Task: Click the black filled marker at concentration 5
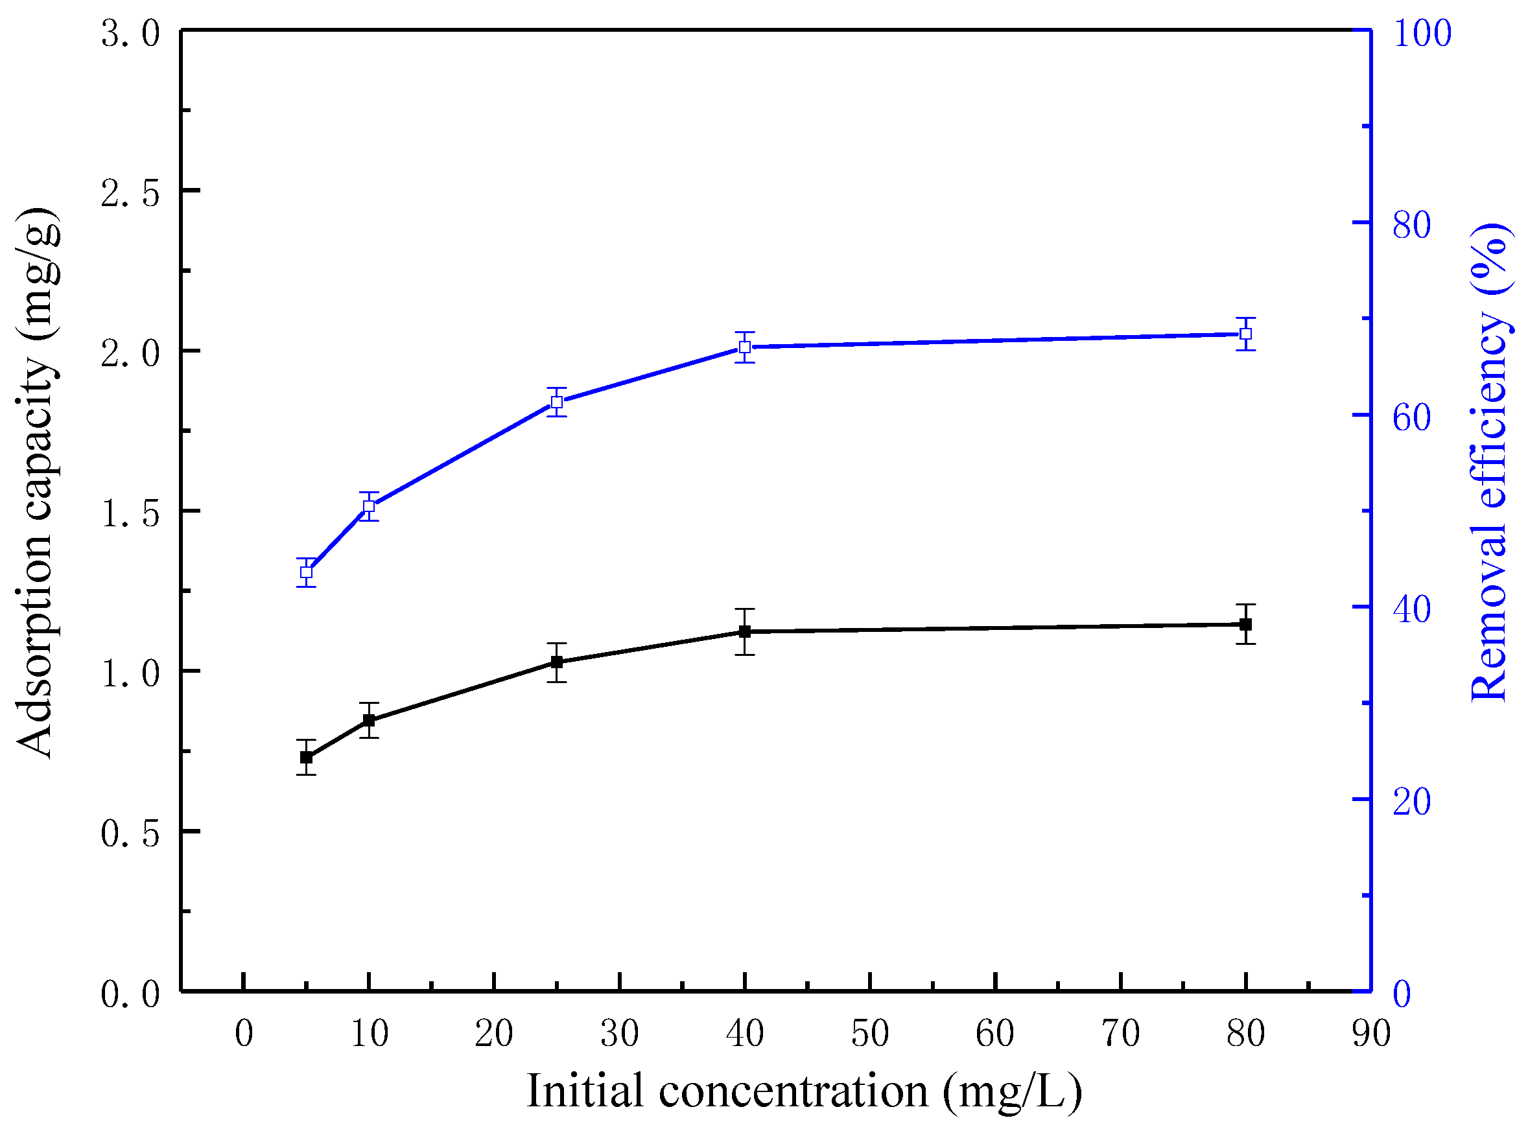306,757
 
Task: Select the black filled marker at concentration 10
369,720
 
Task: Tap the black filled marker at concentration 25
557,662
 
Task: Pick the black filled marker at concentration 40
745,631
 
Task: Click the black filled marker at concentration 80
1245,624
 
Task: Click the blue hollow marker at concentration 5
306,572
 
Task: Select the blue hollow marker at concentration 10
369,506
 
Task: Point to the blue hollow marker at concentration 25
557,402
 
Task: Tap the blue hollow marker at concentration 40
745,347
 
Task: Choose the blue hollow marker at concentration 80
1245,334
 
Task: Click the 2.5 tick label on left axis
130,192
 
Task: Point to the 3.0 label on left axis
130,33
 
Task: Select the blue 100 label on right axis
1422,33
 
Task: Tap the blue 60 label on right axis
1412,417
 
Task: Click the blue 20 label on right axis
1412,801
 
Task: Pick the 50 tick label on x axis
869,1033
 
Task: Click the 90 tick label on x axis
1370,1033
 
